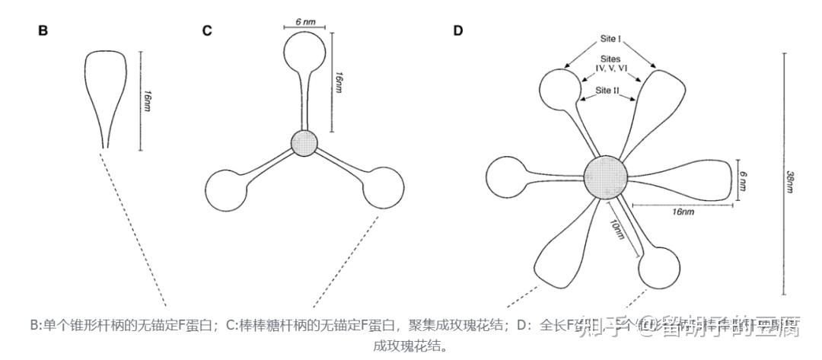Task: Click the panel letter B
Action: tap(43, 31)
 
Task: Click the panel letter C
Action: tap(206, 31)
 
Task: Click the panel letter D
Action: tap(457, 31)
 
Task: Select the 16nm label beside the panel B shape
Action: tap(145, 100)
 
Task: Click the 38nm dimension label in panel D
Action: tap(792, 182)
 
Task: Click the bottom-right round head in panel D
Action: tap(659, 266)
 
